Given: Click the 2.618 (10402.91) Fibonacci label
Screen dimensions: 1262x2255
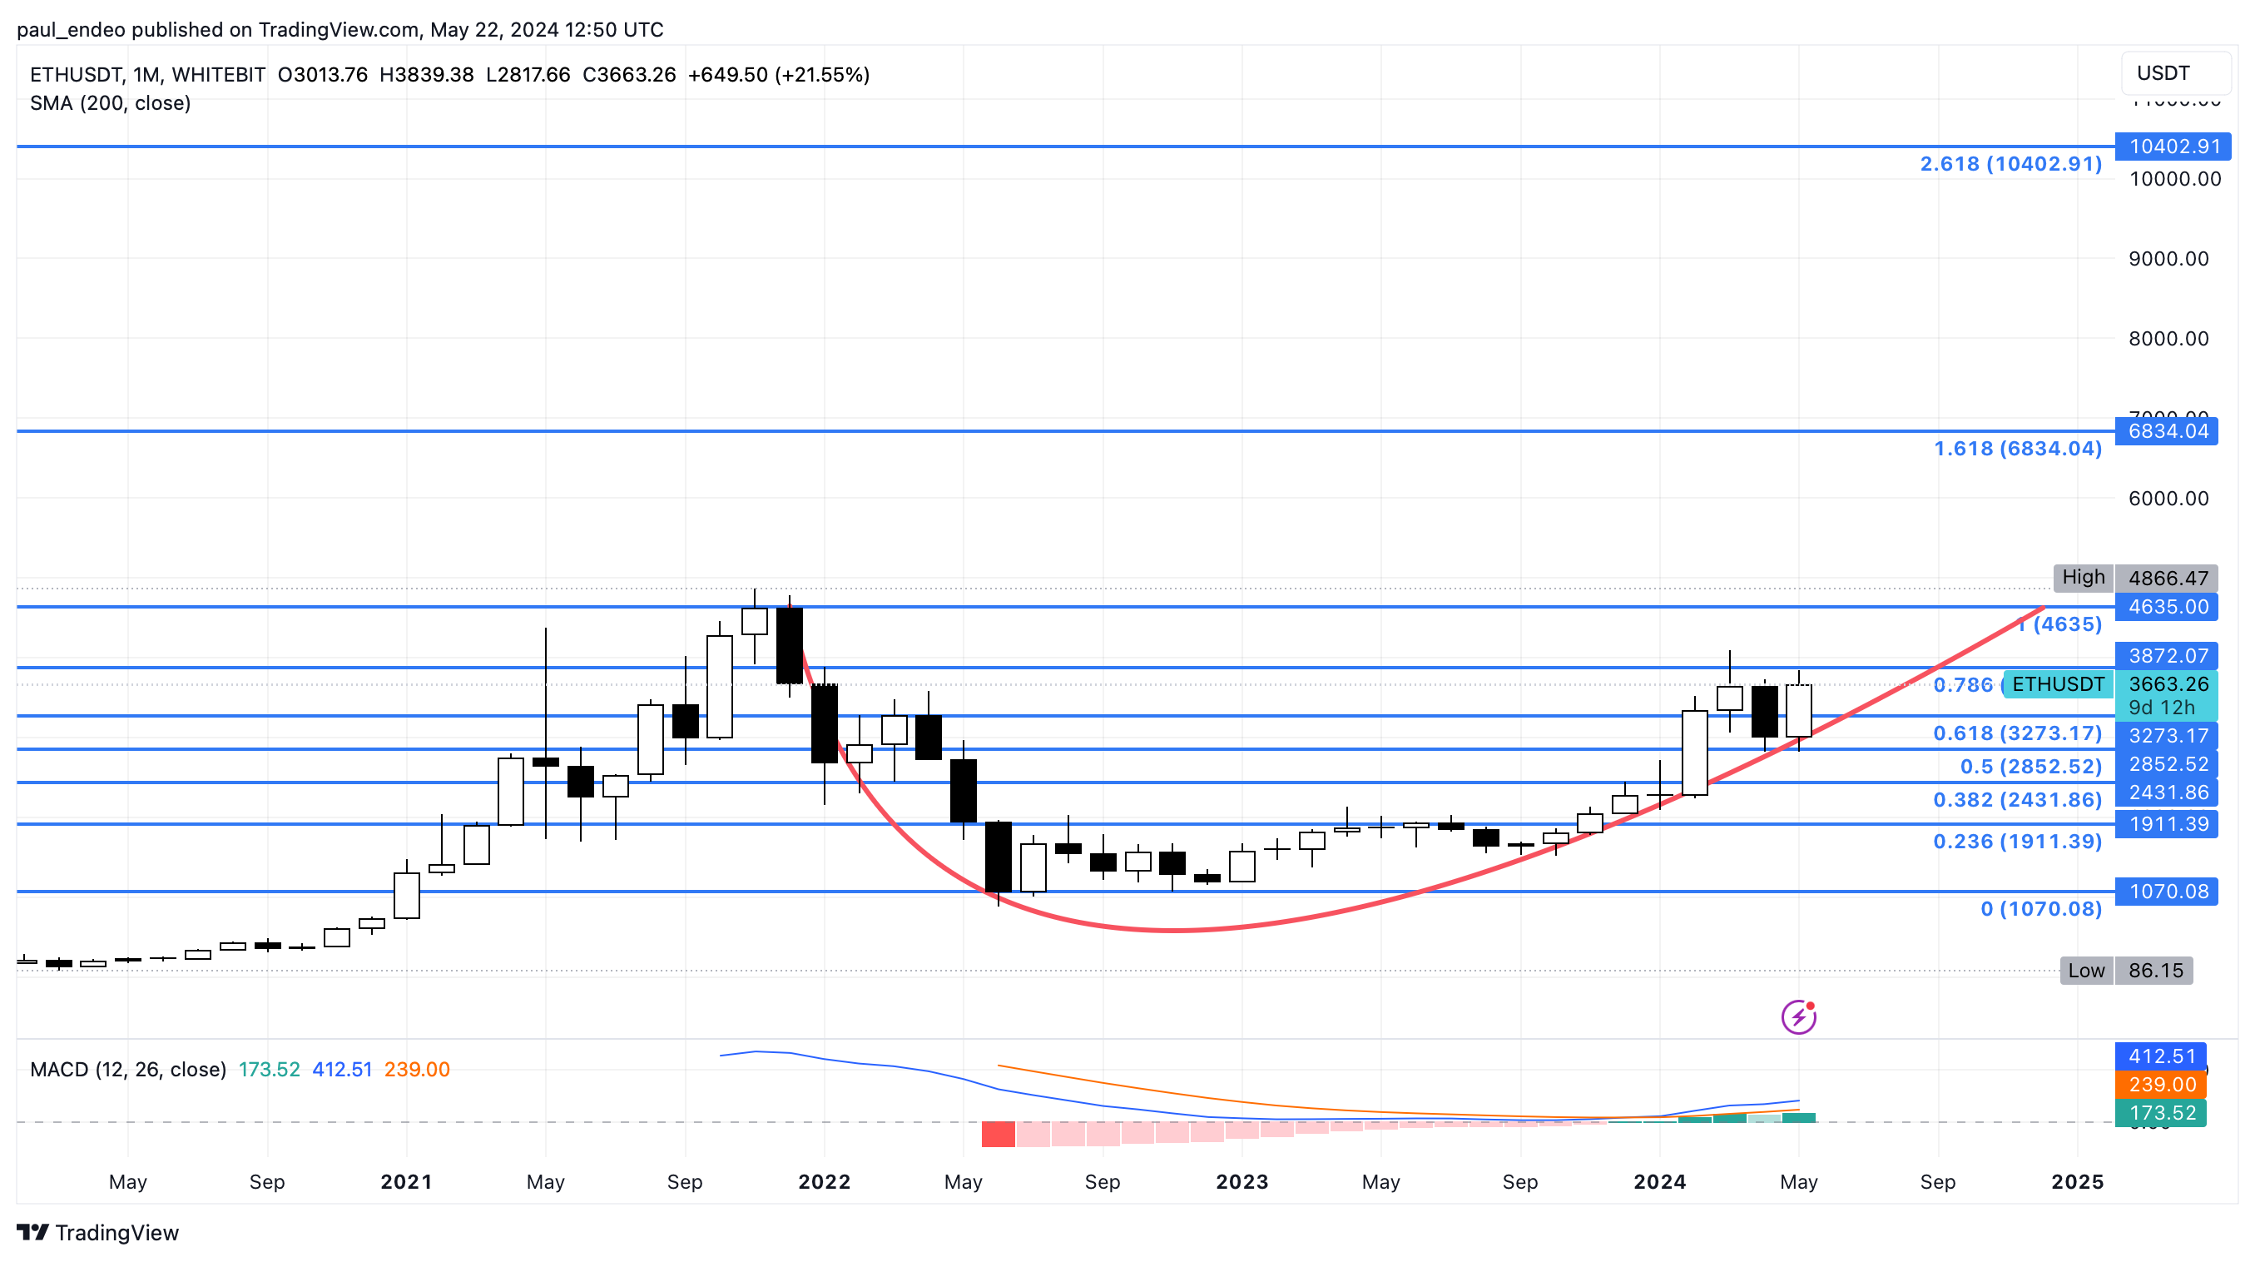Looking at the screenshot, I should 2010,164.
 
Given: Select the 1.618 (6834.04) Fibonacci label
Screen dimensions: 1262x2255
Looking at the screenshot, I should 2017,449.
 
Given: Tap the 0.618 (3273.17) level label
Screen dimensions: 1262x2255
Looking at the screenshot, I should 2017,733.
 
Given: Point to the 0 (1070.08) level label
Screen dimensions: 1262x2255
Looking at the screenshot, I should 2040,909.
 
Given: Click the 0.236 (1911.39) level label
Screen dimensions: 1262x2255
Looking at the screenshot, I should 2017,842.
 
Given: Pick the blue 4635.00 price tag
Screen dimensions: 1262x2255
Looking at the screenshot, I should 2167,607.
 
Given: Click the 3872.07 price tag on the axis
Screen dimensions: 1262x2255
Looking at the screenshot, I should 2167,656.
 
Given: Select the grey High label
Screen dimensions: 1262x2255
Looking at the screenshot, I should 2083,577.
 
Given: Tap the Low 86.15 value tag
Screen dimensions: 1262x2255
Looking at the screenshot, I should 2154,971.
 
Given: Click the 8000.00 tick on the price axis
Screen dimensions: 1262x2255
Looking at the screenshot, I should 2168,339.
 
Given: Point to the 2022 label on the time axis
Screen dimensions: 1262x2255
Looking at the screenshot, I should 824,1182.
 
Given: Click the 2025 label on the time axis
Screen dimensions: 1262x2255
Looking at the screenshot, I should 2077,1182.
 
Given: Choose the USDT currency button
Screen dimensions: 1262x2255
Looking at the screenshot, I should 2174,73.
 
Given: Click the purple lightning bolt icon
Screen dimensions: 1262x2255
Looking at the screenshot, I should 1798,1017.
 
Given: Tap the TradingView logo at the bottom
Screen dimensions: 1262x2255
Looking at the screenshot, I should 98,1233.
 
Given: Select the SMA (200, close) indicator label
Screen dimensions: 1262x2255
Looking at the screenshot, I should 111,103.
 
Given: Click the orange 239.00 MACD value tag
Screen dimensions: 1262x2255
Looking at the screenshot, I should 2160,1085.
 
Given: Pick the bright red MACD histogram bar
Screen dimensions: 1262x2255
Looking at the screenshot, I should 998,1134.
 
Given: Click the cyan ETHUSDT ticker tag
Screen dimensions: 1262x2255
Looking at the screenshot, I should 2057,684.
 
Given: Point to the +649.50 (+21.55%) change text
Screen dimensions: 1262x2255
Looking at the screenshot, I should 778,74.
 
